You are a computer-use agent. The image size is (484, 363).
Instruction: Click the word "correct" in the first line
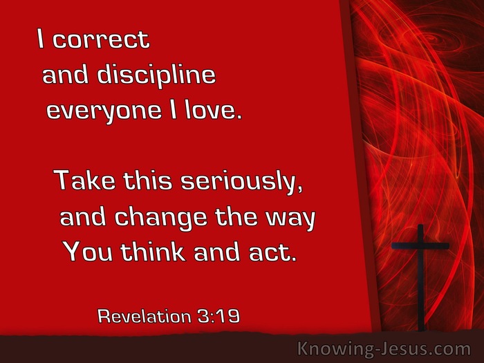(101, 39)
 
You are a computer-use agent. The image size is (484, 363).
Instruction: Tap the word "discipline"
(156, 75)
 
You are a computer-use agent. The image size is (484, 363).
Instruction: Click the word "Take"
(84, 180)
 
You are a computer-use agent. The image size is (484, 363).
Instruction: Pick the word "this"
(147, 180)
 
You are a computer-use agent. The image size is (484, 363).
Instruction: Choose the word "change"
(160, 218)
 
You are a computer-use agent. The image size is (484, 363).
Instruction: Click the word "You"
(89, 252)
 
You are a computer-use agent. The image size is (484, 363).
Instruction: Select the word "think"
(153, 252)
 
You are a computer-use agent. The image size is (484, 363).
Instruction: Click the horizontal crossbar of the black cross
(420, 245)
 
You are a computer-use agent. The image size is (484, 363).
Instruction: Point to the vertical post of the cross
(420, 277)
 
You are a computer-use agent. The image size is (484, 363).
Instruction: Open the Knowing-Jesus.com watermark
(384, 349)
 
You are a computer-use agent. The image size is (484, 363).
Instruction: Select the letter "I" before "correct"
(40, 39)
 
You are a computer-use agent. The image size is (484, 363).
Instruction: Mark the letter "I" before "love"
(174, 109)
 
